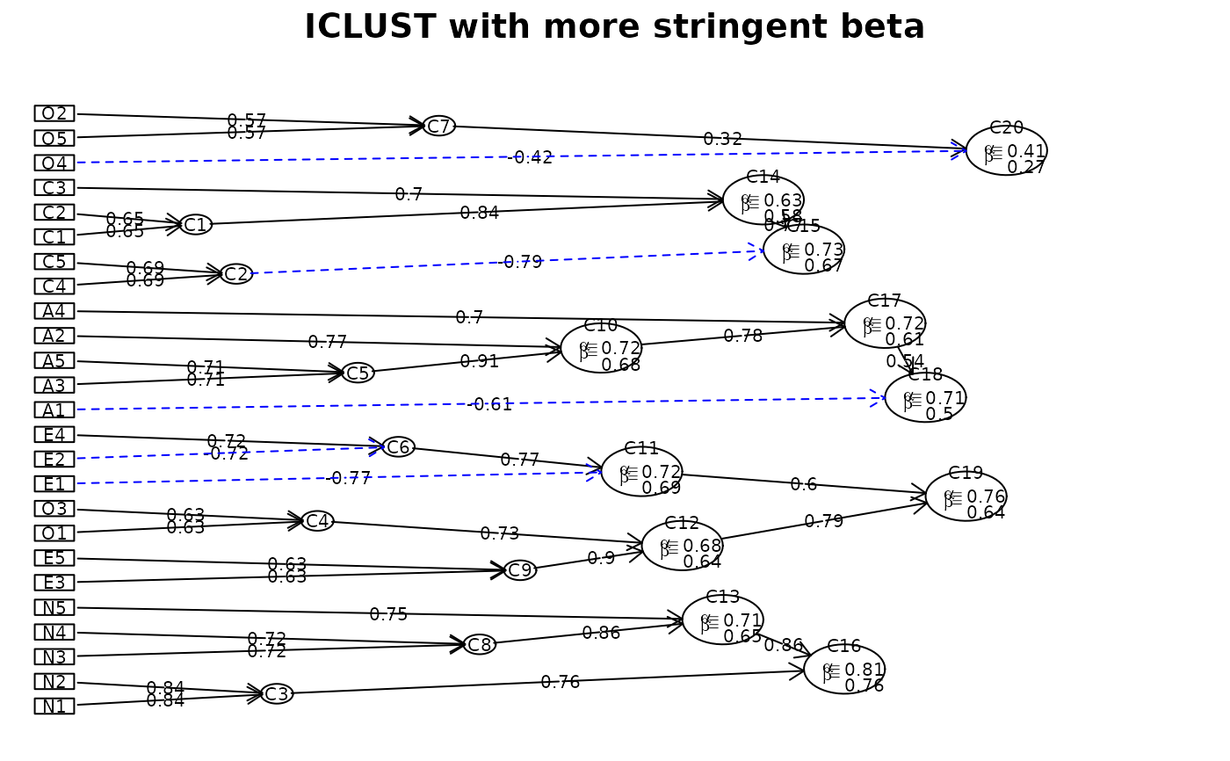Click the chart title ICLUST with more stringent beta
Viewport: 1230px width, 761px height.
614,27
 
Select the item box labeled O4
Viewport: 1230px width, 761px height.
54,163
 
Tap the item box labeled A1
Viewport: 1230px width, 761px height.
54,409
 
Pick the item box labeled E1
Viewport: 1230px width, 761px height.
54,484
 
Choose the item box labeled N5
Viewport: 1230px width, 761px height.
54,607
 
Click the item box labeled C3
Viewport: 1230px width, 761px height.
54,187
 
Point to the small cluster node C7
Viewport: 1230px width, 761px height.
439,126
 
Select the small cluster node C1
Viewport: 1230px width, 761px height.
196,225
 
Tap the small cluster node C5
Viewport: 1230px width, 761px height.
358,373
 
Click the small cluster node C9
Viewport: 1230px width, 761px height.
520,570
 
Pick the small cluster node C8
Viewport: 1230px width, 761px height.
480,644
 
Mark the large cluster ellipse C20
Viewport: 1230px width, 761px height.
1006,150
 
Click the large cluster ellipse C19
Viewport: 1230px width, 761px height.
966,496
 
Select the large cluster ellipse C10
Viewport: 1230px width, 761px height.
601,348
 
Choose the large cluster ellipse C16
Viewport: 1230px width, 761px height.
844,670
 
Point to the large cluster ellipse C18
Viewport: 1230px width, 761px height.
925,397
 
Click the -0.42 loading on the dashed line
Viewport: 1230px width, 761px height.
531,158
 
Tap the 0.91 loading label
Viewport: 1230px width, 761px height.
479,361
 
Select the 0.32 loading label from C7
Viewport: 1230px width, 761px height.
722,139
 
